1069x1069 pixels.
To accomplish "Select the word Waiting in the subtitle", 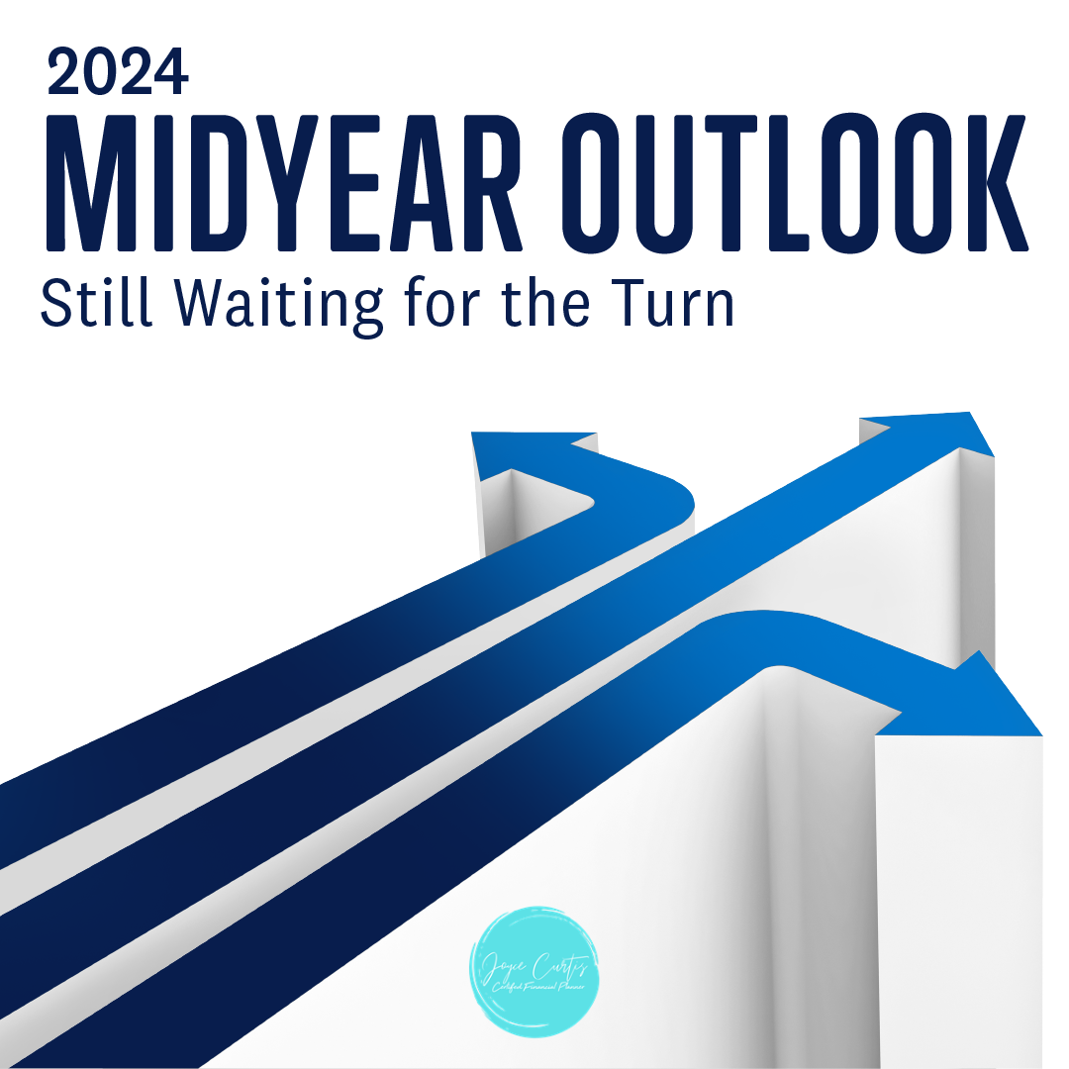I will point(280,305).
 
